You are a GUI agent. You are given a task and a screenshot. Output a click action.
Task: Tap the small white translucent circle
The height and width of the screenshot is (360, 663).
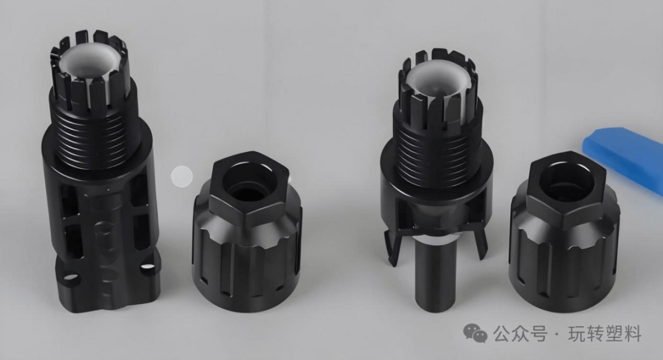tap(182, 176)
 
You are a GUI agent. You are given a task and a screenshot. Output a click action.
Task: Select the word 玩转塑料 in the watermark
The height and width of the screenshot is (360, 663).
tap(605, 334)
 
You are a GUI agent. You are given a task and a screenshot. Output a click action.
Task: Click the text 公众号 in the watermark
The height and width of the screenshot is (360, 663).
tap(520, 334)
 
